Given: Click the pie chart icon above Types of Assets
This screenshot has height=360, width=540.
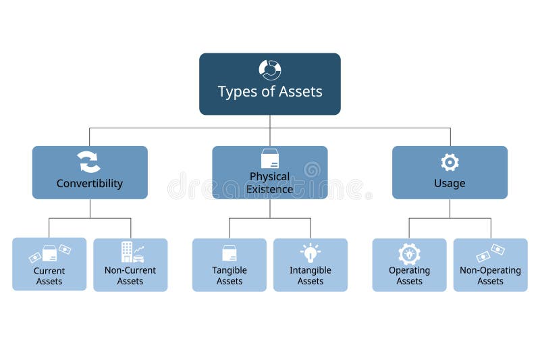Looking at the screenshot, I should (270, 70).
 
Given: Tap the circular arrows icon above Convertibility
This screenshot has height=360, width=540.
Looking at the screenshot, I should (89, 162).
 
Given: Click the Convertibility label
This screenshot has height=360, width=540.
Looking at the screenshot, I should (90, 184).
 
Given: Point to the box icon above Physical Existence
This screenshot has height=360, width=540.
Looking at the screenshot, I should (270, 159).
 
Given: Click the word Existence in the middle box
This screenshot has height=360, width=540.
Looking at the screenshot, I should (270, 190).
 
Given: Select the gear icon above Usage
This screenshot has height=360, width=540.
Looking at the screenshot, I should (450, 162).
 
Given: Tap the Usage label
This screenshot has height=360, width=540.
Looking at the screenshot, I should (450, 184).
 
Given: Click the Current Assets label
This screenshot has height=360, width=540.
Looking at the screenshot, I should (49, 276).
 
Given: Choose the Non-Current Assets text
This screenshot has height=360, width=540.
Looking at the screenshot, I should (130, 276).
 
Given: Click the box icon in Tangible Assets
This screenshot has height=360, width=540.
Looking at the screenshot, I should (230, 253).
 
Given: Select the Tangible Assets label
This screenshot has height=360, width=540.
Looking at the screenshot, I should (230, 276).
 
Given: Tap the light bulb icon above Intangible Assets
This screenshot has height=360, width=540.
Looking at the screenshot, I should (310, 253).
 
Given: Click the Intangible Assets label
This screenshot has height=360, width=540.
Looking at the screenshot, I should (310, 276).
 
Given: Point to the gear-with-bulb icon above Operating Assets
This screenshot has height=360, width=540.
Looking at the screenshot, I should (409, 253).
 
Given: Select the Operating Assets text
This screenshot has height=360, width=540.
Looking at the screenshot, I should (409, 276).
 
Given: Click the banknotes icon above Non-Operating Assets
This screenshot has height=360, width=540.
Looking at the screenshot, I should (490, 253).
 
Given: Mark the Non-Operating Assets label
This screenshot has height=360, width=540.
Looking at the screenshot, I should (490, 276).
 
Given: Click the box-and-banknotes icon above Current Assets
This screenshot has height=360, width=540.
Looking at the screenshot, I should (49, 253).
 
